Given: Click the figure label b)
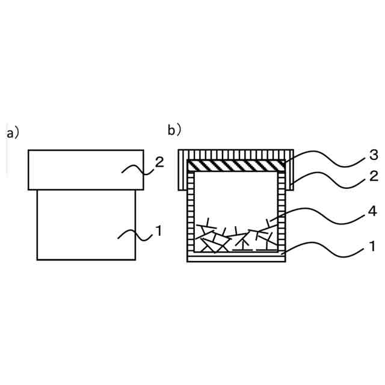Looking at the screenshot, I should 174,129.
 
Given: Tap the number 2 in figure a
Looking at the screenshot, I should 159,162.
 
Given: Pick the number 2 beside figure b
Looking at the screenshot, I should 373,176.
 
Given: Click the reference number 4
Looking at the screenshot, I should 373,212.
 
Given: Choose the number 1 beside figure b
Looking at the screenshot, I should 373,246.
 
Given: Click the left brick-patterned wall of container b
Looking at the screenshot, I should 192,211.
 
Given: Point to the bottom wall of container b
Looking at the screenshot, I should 236,257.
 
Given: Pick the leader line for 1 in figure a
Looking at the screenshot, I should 135,235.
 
